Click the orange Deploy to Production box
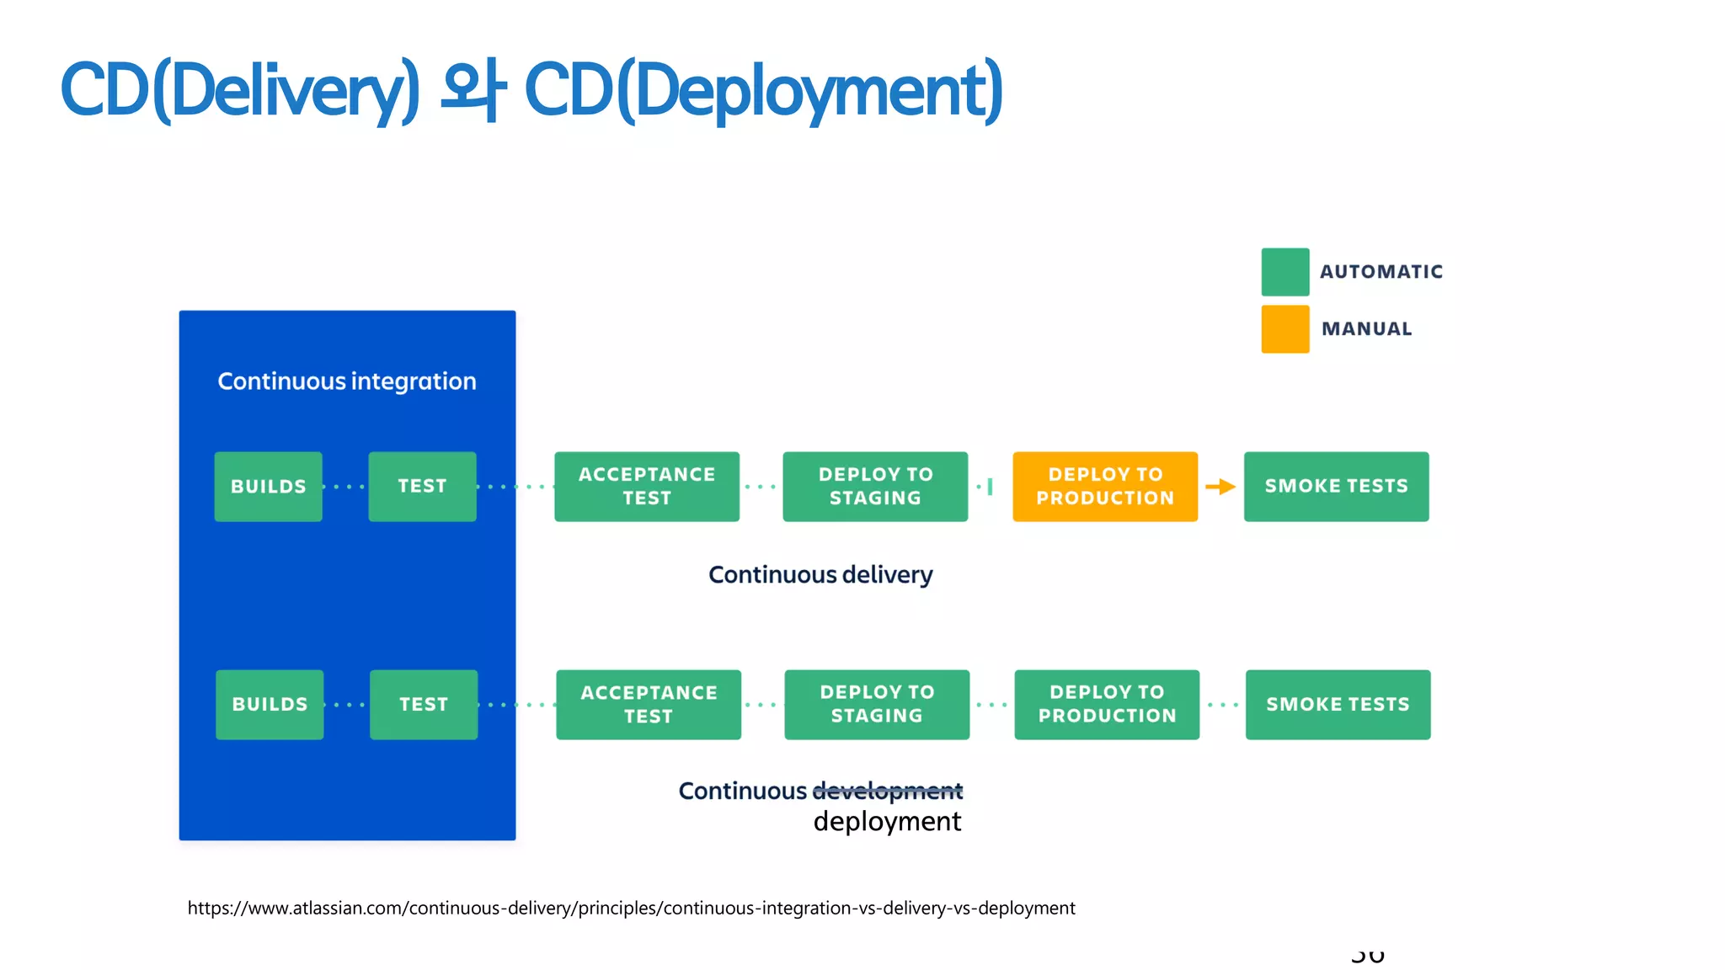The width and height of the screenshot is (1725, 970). [x=1104, y=487]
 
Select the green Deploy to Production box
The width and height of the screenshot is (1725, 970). [x=1106, y=704]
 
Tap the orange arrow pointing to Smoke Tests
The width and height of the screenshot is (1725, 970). [x=1220, y=487]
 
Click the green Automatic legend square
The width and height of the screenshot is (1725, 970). [x=1284, y=272]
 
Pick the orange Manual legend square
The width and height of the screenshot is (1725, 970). [x=1284, y=329]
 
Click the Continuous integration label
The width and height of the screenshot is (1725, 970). [x=346, y=381]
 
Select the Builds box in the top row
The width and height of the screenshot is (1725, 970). [x=268, y=487]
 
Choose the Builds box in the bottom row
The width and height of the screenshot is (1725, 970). [x=270, y=704]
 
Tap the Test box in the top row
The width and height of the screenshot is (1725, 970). [x=422, y=487]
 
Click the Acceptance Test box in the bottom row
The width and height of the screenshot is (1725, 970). [x=648, y=704]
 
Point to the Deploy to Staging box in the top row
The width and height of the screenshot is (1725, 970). [x=875, y=487]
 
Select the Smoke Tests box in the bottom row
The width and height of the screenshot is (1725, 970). [x=1338, y=704]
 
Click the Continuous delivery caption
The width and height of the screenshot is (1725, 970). [x=820, y=575]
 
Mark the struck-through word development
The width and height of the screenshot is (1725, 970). [x=887, y=791]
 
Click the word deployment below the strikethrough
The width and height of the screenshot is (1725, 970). [x=887, y=822]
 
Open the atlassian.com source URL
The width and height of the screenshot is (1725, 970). [x=631, y=909]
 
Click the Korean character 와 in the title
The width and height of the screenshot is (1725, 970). [x=473, y=90]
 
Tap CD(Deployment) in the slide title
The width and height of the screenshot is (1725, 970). [x=763, y=90]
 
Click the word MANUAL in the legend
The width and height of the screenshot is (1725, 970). [x=1366, y=329]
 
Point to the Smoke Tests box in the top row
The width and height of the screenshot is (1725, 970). [x=1336, y=487]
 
